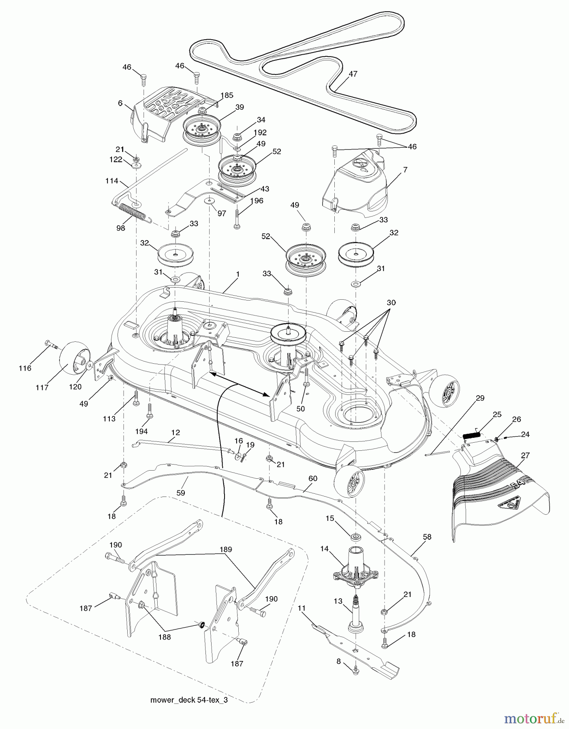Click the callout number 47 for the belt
[353, 74]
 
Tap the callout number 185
[227, 96]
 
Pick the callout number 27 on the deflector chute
[525, 455]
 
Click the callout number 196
[257, 200]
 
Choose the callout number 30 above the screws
[391, 303]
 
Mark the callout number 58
[427, 537]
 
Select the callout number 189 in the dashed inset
[225, 550]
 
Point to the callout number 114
[111, 181]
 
